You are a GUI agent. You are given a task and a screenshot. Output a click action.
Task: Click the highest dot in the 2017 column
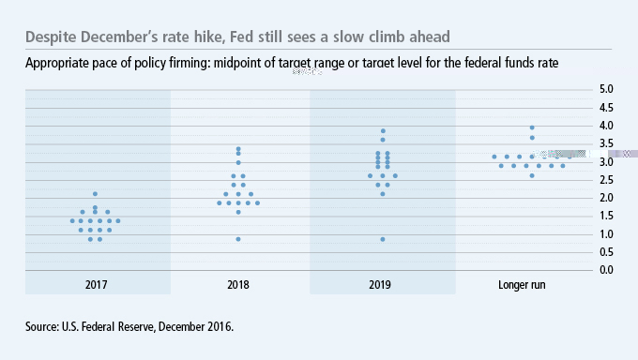click(x=95, y=194)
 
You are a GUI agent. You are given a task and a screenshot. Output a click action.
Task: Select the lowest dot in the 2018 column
click(x=238, y=239)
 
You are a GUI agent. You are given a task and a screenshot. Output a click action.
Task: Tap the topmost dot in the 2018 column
click(x=238, y=148)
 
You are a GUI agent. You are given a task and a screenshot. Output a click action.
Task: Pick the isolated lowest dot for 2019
click(x=383, y=239)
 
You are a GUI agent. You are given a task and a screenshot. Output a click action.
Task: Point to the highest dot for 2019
click(x=383, y=130)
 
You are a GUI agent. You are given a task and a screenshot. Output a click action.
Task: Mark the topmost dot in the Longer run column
click(x=532, y=127)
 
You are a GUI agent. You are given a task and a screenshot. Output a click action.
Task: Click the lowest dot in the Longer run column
click(x=532, y=175)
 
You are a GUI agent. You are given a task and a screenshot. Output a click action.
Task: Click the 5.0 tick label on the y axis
click(x=606, y=89)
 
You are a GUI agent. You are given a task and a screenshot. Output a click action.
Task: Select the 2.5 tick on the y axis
click(x=606, y=180)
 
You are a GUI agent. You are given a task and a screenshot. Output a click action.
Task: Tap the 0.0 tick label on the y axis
click(x=606, y=270)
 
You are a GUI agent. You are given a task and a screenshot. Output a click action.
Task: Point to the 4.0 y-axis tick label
click(x=606, y=126)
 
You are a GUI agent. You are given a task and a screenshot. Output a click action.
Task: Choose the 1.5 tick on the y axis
click(x=606, y=216)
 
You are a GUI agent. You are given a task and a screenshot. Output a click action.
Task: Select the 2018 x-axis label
click(x=238, y=285)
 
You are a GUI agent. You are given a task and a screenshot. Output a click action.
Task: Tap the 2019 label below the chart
click(x=383, y=285)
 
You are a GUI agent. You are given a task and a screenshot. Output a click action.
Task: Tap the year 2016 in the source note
click(x=218, y=327)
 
